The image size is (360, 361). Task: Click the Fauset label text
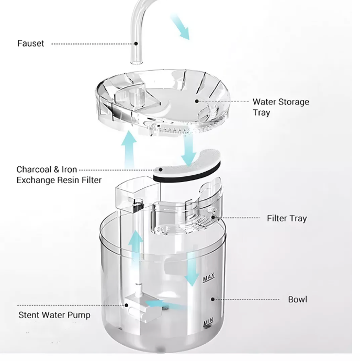(x=30, y=44)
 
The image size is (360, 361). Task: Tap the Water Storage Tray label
(x=280, y=107)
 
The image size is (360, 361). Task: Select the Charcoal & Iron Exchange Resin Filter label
(x=59, y=175)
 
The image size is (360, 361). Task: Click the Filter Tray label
(x=287, y=218)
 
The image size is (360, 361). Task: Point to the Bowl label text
(x=298, y=300)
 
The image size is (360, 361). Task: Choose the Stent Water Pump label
(x=54, y=315)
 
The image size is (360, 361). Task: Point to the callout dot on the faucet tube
(x=137, y=44)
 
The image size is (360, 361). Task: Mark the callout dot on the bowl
(x=212, y=300)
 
